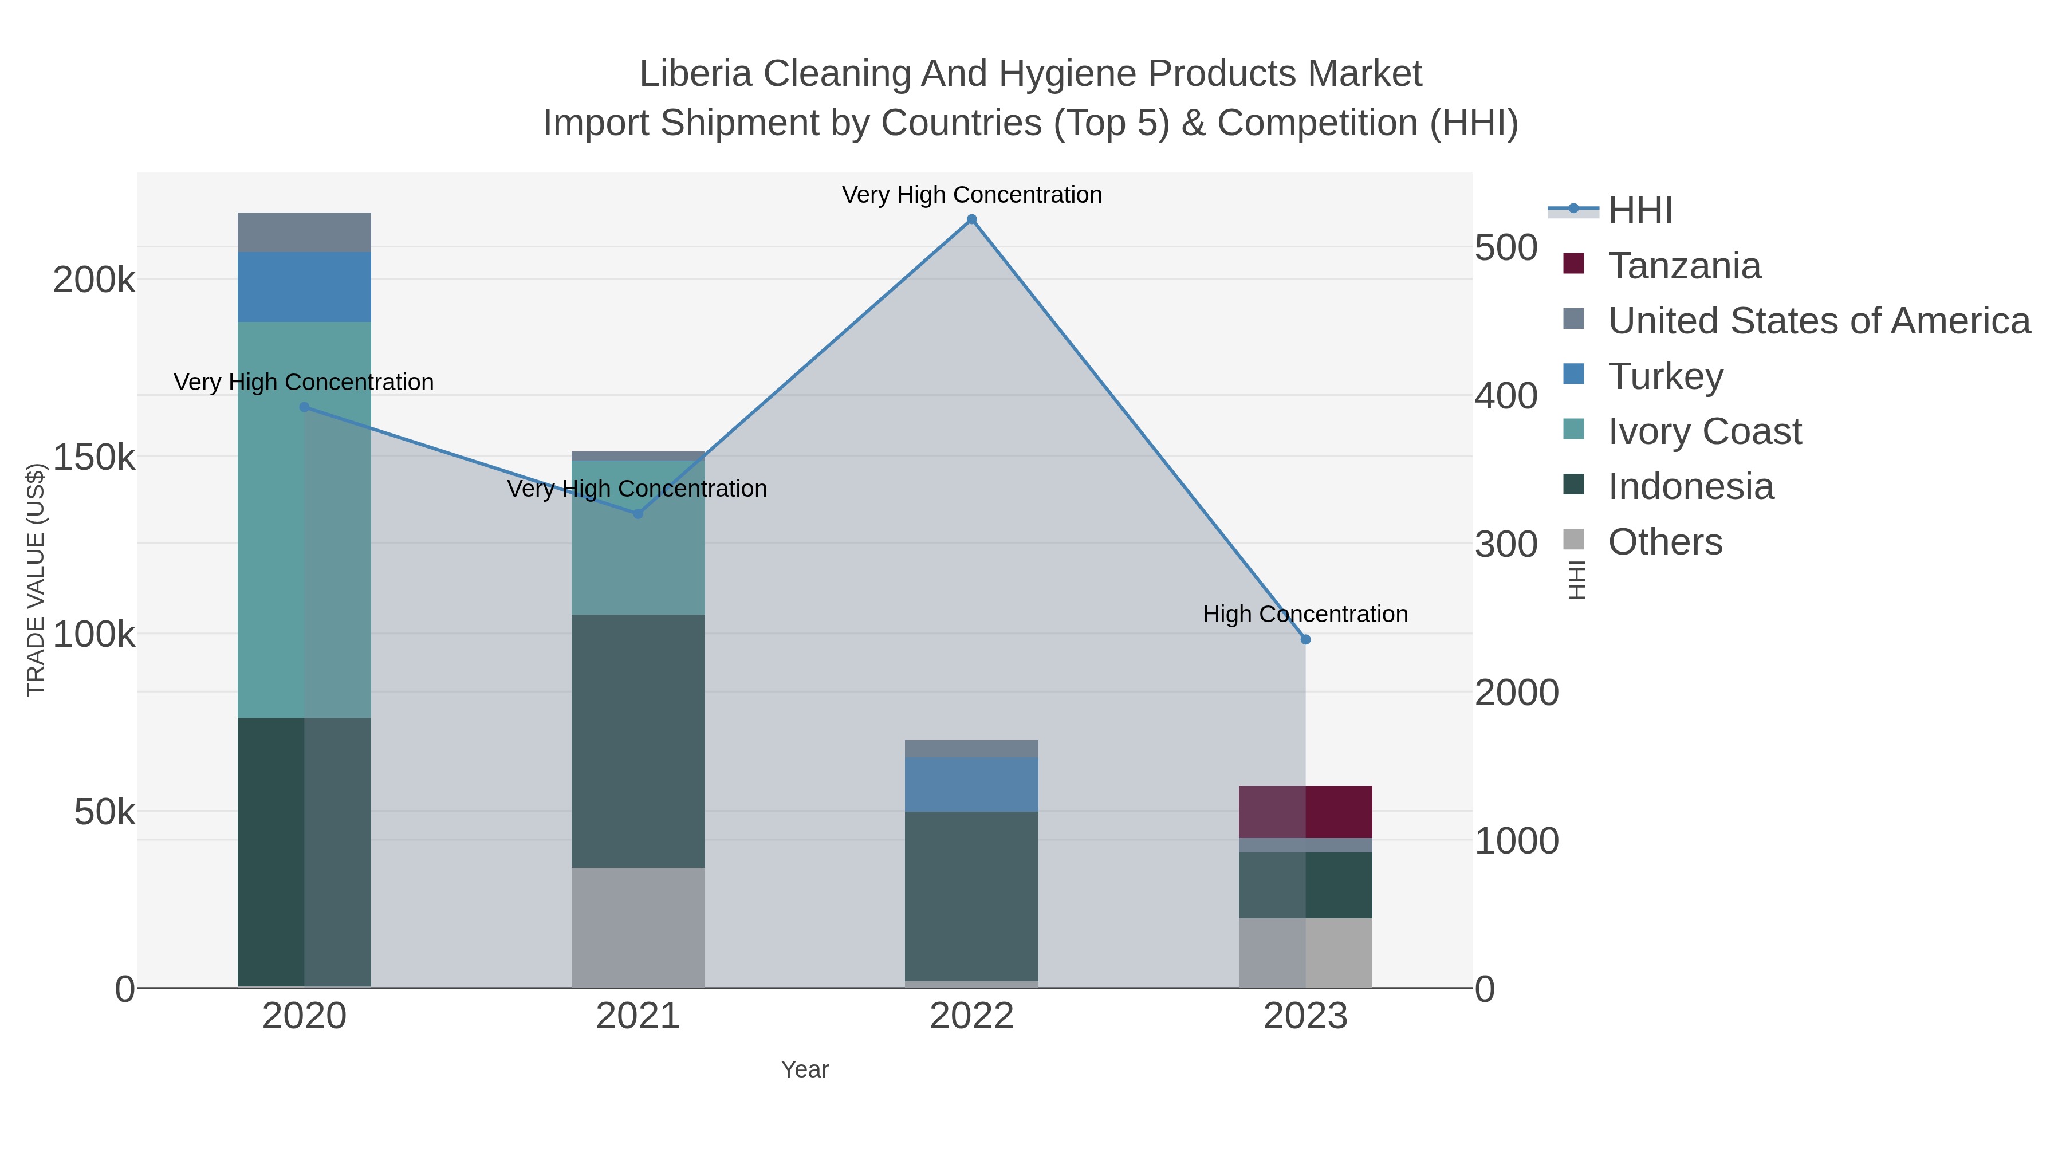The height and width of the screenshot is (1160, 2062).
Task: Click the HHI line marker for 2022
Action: [972, 219]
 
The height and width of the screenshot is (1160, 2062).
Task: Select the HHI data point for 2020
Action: [304, 407]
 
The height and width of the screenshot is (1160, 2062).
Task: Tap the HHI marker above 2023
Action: [1305, 640]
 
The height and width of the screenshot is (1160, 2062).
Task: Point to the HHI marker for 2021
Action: [638, 514]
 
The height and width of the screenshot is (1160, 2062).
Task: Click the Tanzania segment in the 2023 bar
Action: [1305, 812]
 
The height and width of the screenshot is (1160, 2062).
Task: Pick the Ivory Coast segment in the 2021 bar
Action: [638, 538]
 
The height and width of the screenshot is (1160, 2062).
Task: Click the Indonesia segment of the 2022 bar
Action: [972, 896]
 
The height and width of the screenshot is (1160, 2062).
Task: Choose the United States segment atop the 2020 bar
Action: [304, 232]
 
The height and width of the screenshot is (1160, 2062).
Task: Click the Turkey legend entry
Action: [1665, 376]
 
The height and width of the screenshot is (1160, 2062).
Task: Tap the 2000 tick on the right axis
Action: [1517, 693]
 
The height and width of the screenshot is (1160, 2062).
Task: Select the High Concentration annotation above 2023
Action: [1305, 614]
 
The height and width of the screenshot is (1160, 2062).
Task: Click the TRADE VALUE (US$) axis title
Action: [36, 580]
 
